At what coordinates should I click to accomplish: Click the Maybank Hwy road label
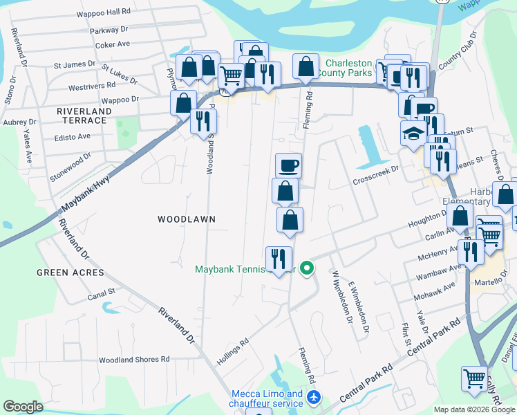click(86, 186)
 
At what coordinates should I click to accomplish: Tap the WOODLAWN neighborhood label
click(187, 219)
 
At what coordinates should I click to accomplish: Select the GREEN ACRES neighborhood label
click(70, 273)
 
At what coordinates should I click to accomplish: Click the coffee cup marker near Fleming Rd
click(289, 165)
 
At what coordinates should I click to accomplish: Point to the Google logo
click(23, 407)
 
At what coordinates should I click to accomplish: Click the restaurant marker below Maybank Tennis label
click(279, 259)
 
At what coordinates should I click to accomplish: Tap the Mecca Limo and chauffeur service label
click(267, 399)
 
